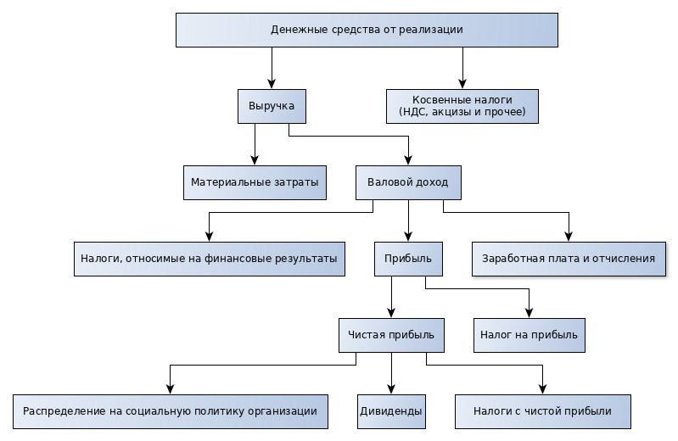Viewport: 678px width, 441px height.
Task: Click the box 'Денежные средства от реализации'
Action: [367, 30]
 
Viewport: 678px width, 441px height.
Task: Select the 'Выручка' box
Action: [272, 106]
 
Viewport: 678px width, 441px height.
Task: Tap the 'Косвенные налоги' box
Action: [462, 106]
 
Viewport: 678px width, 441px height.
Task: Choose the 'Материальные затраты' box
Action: [255, 182]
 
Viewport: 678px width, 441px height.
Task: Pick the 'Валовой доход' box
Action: [408, 182]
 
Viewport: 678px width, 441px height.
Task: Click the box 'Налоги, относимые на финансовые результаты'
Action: [210, 259]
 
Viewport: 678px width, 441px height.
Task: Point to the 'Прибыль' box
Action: [408, 259]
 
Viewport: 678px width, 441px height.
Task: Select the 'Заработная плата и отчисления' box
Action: [569, 259]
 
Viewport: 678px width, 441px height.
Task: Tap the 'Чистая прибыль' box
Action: [391, 335]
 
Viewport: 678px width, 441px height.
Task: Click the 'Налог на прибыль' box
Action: [530, 335]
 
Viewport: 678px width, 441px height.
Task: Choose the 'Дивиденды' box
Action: [391, 411]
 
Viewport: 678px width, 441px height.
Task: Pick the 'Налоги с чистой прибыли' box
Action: [543, 411]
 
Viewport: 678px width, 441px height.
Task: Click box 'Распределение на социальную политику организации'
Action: [170, 411]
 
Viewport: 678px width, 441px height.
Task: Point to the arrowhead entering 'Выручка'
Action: [272, 84]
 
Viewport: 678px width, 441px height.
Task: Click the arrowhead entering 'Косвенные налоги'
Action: [462, 84]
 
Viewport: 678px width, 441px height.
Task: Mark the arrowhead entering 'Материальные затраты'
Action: [255, 160]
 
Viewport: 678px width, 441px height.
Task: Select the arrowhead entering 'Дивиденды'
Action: [391, 389]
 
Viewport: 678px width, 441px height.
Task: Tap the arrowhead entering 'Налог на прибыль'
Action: [530, 313]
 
